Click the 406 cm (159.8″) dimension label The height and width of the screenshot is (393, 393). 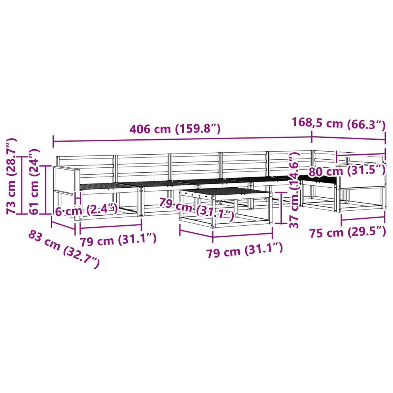[175, 129]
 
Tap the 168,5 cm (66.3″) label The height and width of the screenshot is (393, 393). [339, 123]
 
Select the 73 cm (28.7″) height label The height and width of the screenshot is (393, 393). [12, 176]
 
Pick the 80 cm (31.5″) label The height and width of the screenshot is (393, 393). [347, 171]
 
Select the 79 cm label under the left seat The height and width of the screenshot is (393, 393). [118, 240]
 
